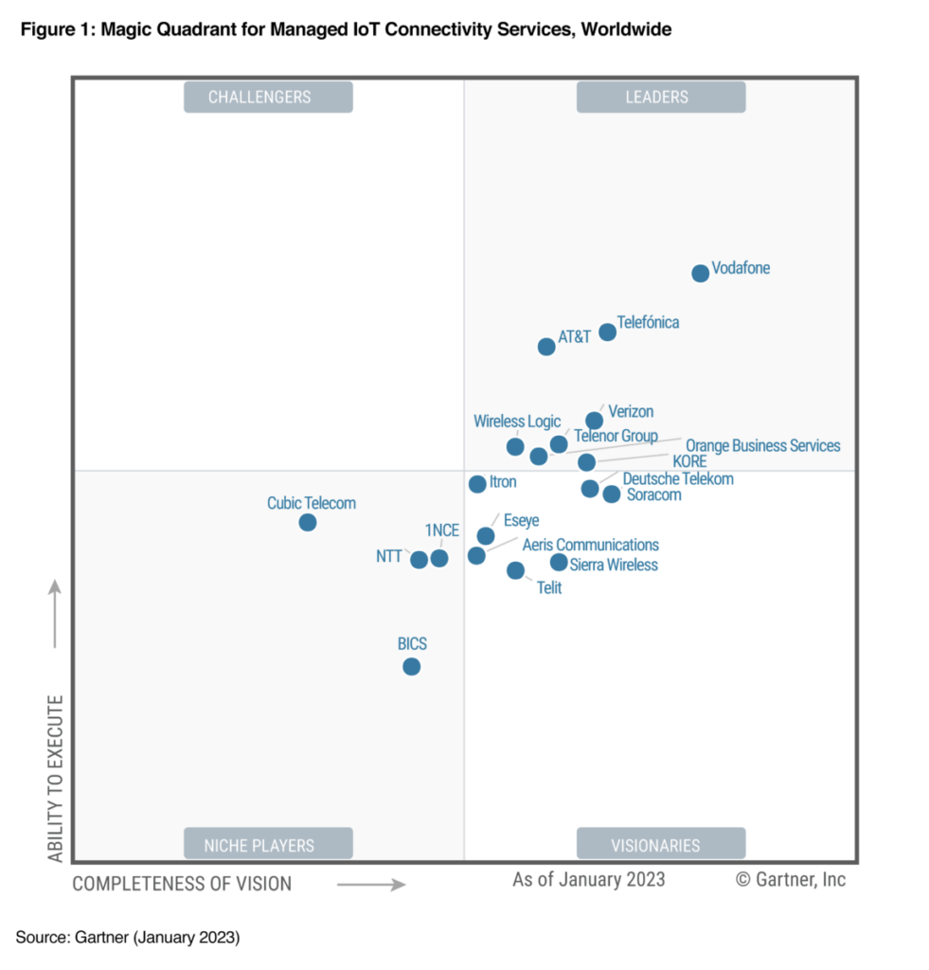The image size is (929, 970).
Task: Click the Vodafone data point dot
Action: point(700,274)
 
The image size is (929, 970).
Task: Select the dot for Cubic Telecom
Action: point(308,523)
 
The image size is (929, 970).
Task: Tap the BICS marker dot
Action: point(411,667)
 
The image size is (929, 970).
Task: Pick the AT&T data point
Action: point(546,347)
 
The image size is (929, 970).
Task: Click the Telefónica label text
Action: point(648,322)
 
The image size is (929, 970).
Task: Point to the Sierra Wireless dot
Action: point(559,563)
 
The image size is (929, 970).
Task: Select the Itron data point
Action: point(477,484)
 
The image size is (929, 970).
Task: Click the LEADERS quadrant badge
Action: point(660,97)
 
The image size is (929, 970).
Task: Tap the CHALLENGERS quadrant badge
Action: point(268,97)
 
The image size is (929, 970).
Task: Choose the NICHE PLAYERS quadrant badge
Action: point(268,844)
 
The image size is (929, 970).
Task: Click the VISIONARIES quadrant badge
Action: point(660,844)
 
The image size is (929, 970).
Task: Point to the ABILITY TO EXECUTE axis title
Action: point(56,779)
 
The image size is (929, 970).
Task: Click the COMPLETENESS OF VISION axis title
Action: point(182,884)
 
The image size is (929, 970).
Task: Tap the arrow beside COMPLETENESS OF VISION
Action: point(371,885)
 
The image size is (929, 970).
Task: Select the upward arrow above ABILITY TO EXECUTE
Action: point(56,613)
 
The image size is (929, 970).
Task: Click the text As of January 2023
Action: point(588,879)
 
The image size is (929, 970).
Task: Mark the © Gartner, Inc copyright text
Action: point(790,879)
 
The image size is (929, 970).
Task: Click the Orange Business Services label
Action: point(762,445)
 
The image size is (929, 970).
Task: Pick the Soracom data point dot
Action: point(612,494)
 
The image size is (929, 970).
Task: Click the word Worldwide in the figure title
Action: point(626,30)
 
